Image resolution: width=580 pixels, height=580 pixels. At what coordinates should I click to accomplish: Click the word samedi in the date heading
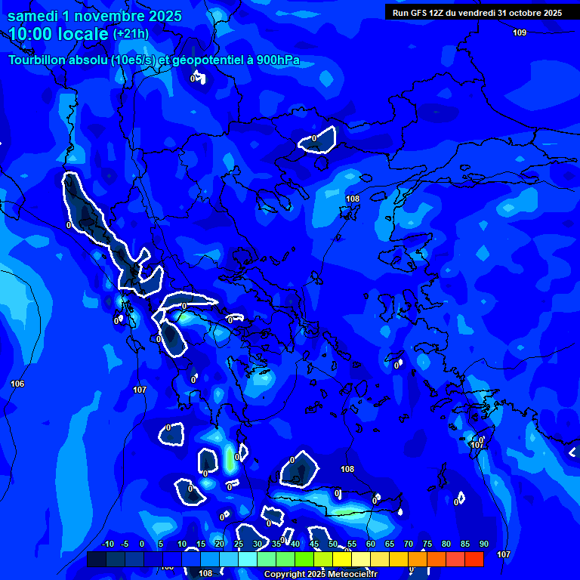coord(34,16)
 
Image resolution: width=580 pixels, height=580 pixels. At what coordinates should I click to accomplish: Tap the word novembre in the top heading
coord(113,16)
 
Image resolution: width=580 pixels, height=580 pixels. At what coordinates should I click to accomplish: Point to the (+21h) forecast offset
coord(131,34)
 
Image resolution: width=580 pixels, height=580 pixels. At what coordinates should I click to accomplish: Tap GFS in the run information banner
coord(421,13)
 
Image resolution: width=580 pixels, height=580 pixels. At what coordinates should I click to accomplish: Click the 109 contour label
coord(520,32)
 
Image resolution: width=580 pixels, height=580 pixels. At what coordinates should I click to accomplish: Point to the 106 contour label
coord(17,384)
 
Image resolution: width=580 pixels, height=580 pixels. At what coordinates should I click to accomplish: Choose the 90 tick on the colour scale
coord(483,545)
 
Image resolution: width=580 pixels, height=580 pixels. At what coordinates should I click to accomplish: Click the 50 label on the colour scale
coord(332,545)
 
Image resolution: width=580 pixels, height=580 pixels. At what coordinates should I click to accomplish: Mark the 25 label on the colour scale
coord(238,545)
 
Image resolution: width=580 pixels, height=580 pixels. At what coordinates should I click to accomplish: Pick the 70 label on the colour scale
coord(408,545)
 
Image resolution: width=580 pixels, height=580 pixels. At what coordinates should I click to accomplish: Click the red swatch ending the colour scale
coord(474,559)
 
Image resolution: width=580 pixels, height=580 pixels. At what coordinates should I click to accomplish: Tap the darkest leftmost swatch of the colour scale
coord(96,559)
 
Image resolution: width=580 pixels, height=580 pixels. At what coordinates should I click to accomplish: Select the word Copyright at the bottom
coord(285,575)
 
